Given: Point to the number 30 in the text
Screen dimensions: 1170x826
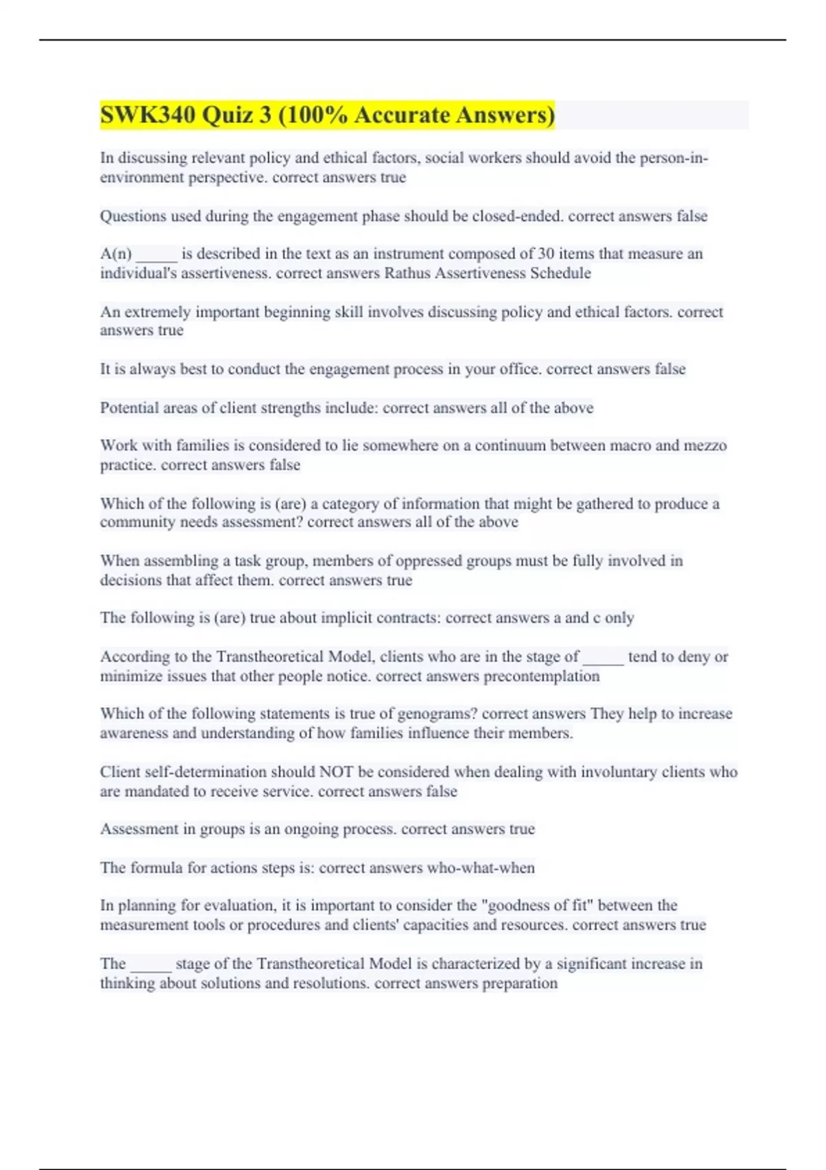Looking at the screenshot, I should pos(546,254).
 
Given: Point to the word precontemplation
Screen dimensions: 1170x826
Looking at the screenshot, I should pos(541,677).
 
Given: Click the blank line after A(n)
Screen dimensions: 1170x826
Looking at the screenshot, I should pos(156,255).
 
